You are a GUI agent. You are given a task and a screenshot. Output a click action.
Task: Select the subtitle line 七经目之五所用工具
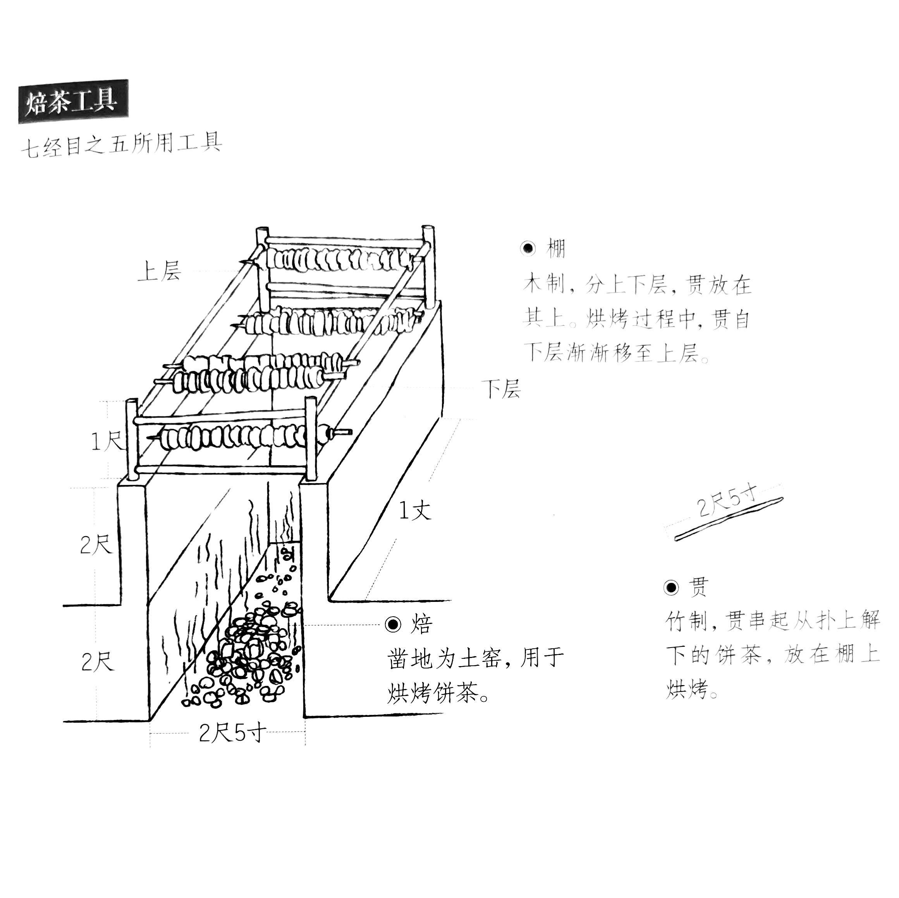(x=122, y=145)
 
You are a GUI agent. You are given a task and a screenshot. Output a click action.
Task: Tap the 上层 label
(x=159, y=271)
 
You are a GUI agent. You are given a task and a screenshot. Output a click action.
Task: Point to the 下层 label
(x=500, y=388)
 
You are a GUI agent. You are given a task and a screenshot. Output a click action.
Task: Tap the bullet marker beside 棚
(x=528, y=249)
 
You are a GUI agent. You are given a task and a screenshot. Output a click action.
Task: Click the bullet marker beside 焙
(x=393, y=624)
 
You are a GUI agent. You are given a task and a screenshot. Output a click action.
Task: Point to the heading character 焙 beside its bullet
(x=421, y=624)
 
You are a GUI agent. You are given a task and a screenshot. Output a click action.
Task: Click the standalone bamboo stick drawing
(x=729, y=520)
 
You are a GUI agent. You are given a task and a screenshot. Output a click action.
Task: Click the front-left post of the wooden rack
(x=132, y=439)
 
